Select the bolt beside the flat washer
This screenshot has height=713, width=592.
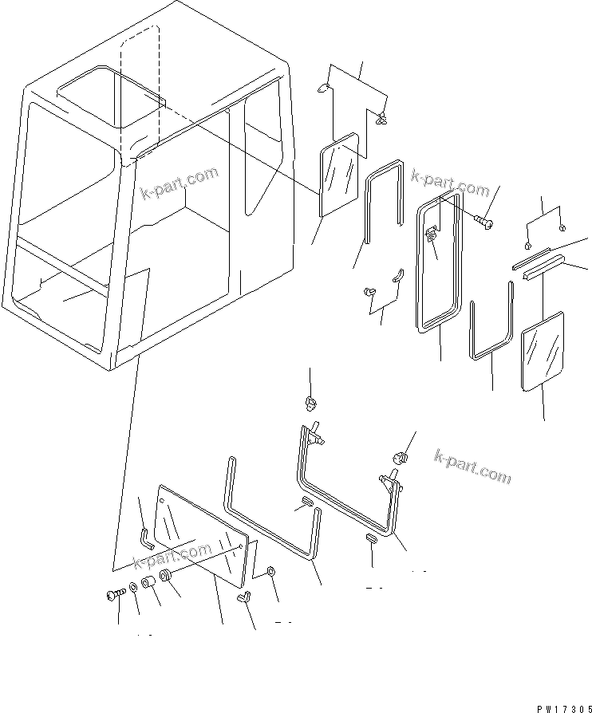pyautogui.click(x=113, y=595)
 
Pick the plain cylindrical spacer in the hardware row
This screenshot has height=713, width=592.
pyautogui.click(x=148, y=585)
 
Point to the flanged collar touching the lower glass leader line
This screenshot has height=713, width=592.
pyautogui.click(x=166, y=577)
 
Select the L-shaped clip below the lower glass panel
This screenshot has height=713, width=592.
pyautogui.click(x=247, y=595)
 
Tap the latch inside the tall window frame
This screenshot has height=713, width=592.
pyautogui.click(x=431, y=234)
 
